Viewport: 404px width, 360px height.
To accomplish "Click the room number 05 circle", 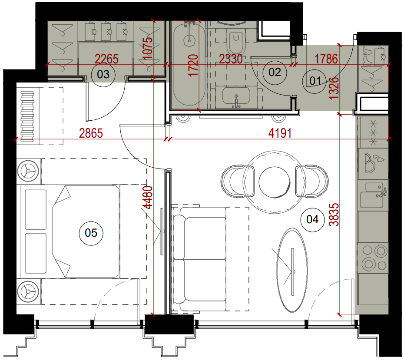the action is [x=91, y=233].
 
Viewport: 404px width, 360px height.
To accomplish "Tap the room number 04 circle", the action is [x=312, y=220].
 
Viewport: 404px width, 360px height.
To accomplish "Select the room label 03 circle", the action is [x=103, y=75].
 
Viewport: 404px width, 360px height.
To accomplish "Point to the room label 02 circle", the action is [x=275, y=72].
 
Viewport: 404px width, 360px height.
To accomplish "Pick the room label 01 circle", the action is [x=315, y=81].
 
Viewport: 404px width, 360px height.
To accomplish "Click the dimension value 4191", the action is [x=280, y=133].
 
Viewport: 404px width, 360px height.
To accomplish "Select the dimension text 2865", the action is [x=91, y=133].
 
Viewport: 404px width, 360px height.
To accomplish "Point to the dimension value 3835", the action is [x=334, y=215].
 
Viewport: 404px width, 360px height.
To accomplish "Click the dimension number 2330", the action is [x=231, y=59].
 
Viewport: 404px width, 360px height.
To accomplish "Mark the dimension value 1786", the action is [x=326, y=59].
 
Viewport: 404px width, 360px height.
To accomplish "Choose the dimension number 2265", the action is [x=107, y=59].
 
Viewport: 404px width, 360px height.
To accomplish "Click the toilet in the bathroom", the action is [x=235, y=42].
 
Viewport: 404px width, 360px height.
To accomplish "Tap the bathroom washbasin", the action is [x=236, y=97].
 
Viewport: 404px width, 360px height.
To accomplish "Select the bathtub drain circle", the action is [x=190, y=41].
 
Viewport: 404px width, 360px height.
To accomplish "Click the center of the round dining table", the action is [x=275, y=182].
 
